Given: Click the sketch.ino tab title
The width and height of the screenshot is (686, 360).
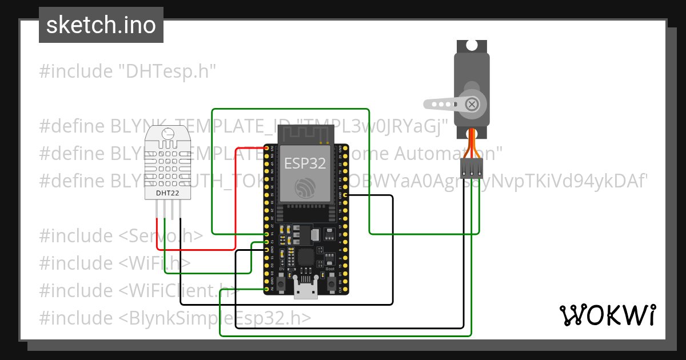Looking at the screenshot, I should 101,25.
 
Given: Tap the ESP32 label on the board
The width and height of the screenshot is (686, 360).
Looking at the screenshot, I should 305,163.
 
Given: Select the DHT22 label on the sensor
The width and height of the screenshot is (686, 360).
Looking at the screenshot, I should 167,193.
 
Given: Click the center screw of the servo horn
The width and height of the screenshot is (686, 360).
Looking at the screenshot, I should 472,104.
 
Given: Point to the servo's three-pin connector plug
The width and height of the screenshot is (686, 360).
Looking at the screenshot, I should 471,167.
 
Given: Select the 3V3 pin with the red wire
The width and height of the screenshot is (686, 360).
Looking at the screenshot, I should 266,148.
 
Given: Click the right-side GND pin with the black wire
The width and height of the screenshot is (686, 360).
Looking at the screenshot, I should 345,195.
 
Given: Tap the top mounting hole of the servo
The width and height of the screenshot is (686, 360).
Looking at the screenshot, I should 472,45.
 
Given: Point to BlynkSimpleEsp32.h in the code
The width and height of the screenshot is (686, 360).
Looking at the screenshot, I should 216,318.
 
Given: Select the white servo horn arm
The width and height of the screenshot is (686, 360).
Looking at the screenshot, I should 443,105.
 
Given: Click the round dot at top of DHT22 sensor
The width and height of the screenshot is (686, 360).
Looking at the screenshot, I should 167,134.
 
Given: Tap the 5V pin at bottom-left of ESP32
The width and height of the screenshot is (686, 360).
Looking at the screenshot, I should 266,290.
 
